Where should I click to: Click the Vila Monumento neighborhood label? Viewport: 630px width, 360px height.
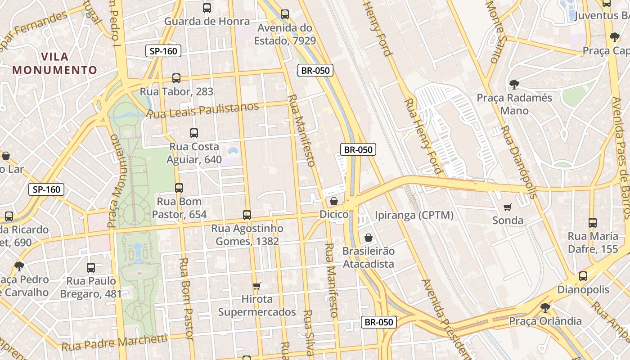point(55,63)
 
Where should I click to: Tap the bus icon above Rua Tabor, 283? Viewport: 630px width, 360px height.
point(176,78)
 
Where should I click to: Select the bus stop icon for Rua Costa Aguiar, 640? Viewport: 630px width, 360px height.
point(194,133)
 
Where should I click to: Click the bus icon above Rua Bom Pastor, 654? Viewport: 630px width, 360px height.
point(179,188)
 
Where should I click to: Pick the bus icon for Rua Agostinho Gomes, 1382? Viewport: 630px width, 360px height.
point(247,215)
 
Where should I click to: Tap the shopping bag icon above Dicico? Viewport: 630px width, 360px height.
point(334,201)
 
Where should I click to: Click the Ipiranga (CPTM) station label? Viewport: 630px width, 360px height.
point(414,216)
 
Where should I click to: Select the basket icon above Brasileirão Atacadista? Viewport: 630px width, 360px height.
point(369,238)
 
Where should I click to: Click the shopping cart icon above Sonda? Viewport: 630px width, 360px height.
point(508,207)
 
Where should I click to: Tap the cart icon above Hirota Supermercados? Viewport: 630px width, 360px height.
point(257,286)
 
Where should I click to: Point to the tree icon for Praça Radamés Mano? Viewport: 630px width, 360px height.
point(514,84)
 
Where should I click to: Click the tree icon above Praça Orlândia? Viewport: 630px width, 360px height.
point(545,308)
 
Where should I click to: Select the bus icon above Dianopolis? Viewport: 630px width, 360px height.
point(583,276)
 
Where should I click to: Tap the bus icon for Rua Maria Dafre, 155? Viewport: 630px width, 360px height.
point(593,223)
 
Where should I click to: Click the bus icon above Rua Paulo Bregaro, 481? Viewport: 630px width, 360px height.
point(91,268)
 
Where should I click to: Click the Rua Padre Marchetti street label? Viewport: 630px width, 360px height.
point(114,343)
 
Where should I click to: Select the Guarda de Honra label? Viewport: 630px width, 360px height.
point(207,21)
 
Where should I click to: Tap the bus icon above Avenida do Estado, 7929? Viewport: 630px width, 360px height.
point(285,14)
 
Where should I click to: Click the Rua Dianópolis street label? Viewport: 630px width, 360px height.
point(520,162)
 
